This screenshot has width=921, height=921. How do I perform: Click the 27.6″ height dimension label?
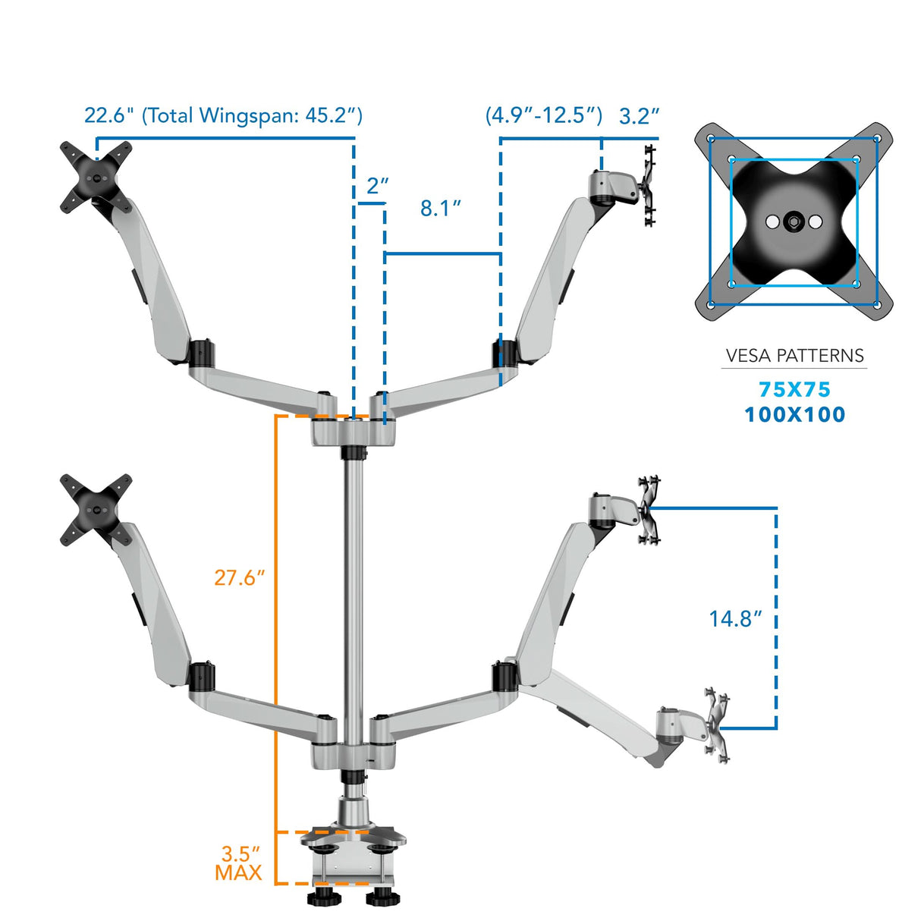point(239,578)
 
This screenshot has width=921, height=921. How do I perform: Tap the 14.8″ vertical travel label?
point(734,619)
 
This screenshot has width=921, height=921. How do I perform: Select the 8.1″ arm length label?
point(441,209)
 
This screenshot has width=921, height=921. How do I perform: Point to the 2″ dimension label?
point(377,186)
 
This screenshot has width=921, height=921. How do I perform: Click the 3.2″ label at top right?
point(639,116)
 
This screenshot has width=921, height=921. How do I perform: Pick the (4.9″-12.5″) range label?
point(543,115)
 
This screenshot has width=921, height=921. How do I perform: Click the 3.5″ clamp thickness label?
point(240,854)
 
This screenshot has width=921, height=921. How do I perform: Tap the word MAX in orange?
point(238,873)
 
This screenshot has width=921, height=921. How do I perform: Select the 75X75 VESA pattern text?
point(794,390)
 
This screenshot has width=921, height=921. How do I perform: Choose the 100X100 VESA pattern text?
point(794,415)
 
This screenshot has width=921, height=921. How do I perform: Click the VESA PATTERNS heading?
point(794,356)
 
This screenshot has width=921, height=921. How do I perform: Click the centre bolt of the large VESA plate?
point(794,222)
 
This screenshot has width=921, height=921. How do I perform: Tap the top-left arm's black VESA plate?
point(96,176)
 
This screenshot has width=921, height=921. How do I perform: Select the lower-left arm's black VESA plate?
point(96,509)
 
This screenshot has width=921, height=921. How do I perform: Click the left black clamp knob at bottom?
point(325,898)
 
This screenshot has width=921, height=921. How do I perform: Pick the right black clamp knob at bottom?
point(383,898)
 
